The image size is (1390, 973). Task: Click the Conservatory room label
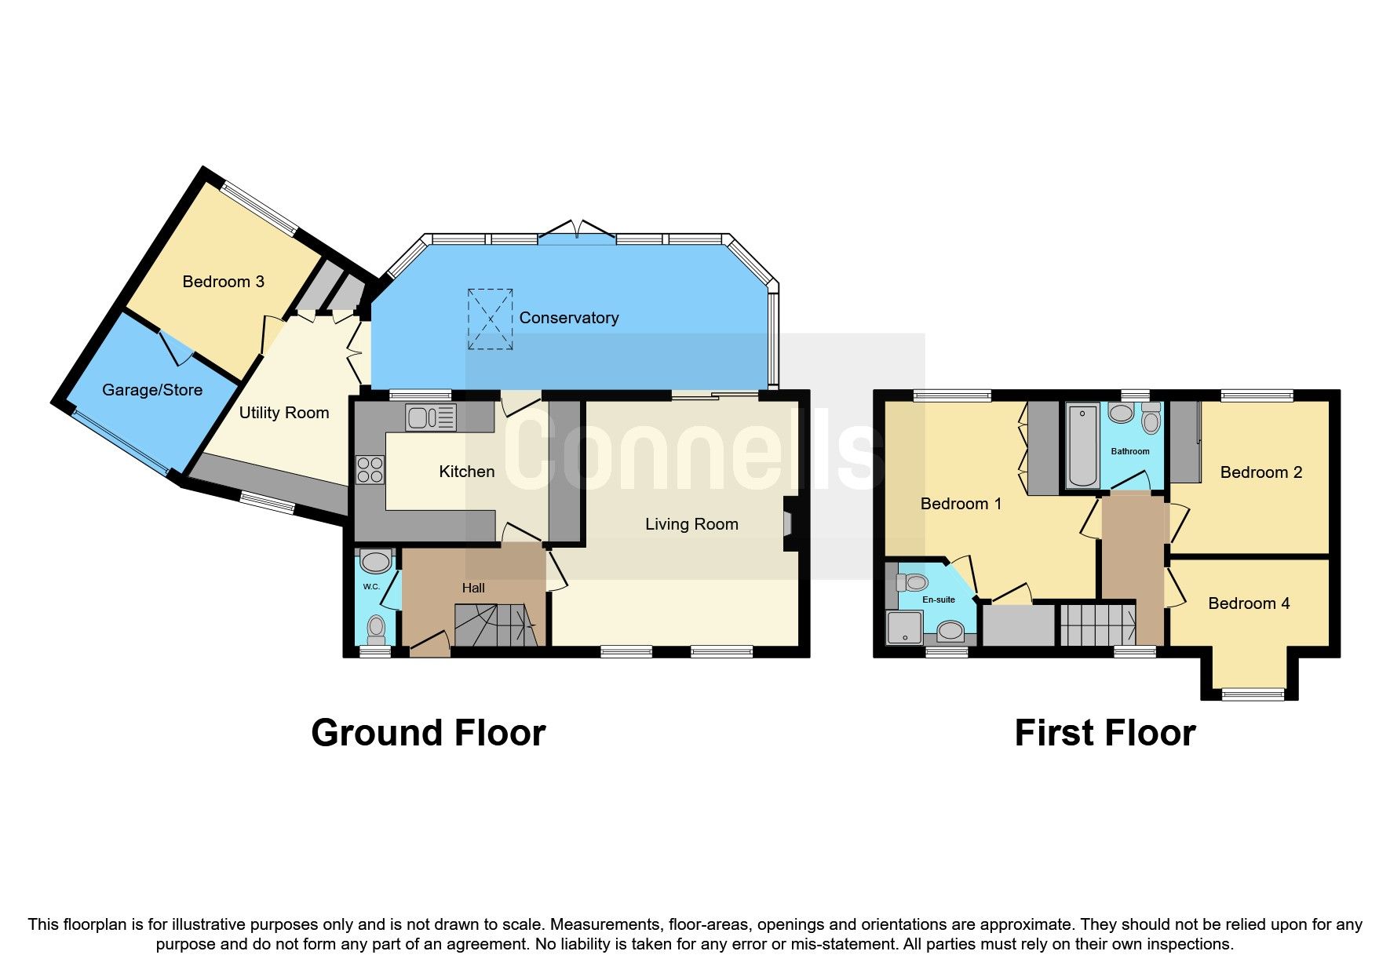coord(568,318)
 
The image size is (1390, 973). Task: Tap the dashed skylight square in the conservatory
coord(491,319)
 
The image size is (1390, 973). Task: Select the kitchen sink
coord(431,417)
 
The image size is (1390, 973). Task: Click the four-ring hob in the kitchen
coord(370,469)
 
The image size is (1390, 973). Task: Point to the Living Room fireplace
coord(788,524)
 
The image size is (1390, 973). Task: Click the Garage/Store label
coord(152,390)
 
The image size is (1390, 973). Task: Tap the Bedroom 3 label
coord(223,282)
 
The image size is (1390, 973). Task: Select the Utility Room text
coord(283,413)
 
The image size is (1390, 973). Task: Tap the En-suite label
coord(938,599)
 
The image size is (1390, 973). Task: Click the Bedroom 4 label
coord(1248,603)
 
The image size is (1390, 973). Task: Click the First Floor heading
coord(1104,733)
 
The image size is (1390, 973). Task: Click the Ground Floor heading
coord(428,733)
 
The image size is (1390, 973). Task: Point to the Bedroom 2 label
coord(1260,472)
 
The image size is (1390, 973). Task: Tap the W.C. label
coord(370,587)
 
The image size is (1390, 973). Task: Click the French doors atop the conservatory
coord(578,231)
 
